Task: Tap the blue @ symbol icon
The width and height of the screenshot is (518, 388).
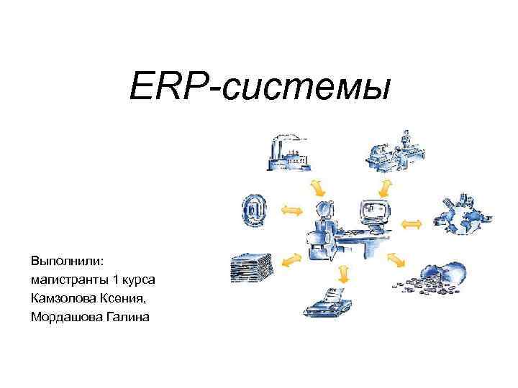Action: [254, 209]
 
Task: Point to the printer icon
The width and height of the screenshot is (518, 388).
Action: [327, 302]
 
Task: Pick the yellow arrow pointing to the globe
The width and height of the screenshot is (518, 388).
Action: [410, 223]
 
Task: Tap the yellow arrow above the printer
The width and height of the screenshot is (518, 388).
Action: [344, 271]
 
